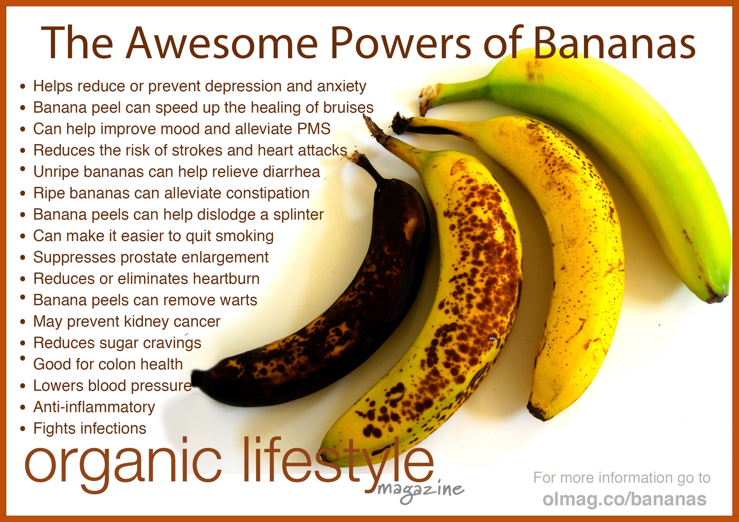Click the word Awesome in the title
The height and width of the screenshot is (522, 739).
tap(222, 43)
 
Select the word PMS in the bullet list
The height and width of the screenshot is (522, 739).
tap(314, 129)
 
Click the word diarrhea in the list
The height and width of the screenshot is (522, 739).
tap(291, 171)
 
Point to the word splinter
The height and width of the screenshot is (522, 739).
tap(298, 215)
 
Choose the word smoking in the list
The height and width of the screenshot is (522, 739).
tap(245, 236)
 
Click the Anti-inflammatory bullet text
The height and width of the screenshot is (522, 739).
tap(94, 407)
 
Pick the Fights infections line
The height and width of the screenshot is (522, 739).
tap(90, 429)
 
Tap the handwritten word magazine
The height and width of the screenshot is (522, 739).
tap(420, 491)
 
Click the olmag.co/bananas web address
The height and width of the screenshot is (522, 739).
tap(625, 499)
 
